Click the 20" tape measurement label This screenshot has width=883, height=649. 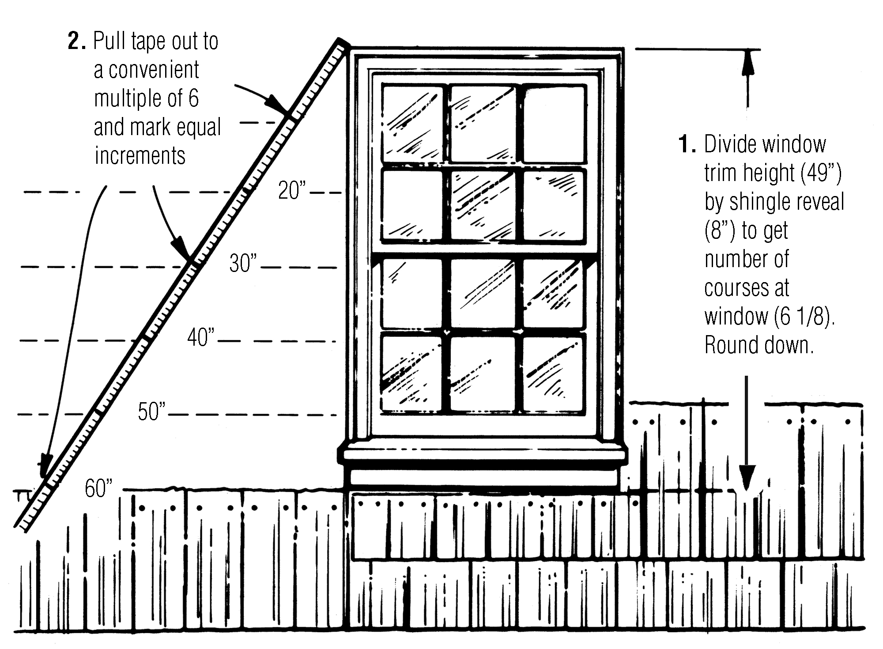pyautogui.click(x=291, y=190)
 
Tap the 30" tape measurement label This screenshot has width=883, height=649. pyautogui.click(x=242, y=264)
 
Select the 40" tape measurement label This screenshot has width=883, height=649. pyautogui.click(x=200, y=337)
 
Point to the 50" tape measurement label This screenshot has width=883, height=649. pyautogui.click(x=151, y=411)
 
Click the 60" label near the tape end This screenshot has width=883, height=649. pyautogui.click(x=98, y=488)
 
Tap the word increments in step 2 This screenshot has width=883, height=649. pyautogui.click(x=140, y=156)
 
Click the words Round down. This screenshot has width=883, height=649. pyautogui.click(x=758, y=345)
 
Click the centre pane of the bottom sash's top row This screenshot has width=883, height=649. pyautogui.click(x=483, y=293)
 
